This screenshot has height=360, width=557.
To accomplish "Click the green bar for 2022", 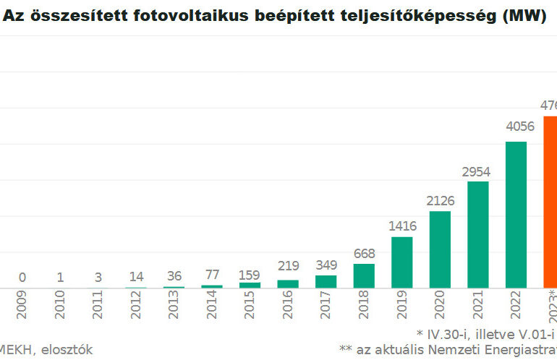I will [516, 215].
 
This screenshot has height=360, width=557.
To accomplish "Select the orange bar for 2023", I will [550, 202].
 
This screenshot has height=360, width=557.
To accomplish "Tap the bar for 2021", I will [478, 234].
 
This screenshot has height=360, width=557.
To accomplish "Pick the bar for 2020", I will [440, 249].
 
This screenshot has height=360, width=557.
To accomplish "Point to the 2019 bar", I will [401, 262].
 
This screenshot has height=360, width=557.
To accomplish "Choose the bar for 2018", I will [364, 275].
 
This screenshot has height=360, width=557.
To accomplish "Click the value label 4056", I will [516, 127].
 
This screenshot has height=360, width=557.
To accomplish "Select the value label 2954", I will [478, 172].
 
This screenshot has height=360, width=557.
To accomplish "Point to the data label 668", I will [364, 254].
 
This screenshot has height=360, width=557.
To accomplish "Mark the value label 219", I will [288, 266].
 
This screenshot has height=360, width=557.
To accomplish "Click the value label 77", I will [212, 275].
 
